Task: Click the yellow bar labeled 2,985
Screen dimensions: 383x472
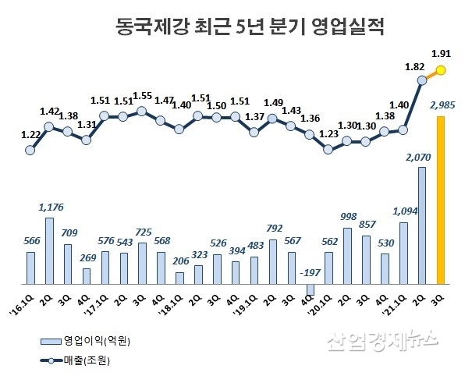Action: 441,200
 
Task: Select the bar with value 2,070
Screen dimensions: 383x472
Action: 422,226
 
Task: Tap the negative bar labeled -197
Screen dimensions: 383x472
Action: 310,289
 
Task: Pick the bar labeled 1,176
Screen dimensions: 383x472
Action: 48,251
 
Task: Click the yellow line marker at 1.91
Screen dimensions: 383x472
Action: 441,71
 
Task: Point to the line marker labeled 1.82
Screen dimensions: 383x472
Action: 422,80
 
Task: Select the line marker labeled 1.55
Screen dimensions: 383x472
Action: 142,111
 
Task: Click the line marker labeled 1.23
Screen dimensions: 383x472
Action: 328,148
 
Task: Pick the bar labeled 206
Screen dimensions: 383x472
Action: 179,278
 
